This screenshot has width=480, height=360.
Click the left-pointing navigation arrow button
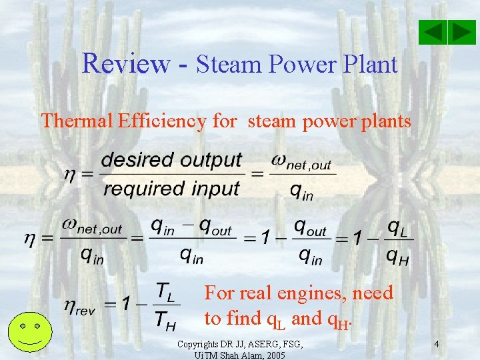[433, 32]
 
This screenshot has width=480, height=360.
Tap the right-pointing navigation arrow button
[461, 32]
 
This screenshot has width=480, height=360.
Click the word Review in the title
[126, 64]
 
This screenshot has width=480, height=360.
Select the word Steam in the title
[230, 65]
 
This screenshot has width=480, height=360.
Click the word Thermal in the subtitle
[77, 121]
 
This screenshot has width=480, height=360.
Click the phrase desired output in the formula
[171, 161]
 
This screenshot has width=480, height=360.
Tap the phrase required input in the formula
[171, 189]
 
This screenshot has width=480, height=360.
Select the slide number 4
[436, 345]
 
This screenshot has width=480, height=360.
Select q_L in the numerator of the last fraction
[399, 227]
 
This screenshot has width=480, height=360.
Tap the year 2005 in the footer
[273, 355]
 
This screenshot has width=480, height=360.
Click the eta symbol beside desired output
[69, 174]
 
